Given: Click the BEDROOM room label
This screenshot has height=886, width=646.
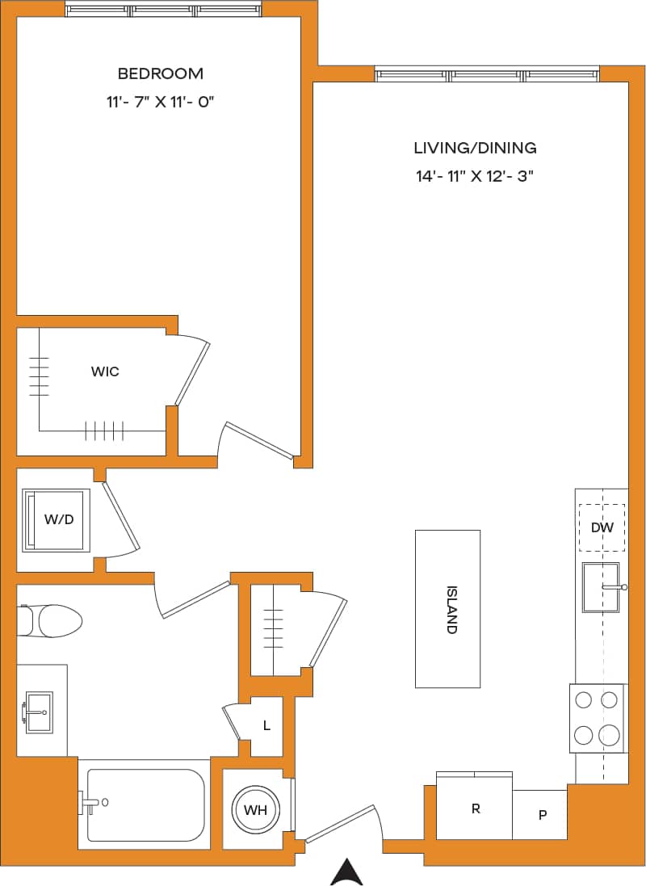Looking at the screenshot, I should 160,73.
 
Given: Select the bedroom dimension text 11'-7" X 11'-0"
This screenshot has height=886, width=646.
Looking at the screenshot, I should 160,103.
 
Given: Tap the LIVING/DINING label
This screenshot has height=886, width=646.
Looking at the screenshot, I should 475,148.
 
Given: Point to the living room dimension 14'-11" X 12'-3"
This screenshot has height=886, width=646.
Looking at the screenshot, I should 475,177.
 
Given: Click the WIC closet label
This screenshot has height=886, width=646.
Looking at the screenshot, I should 105,372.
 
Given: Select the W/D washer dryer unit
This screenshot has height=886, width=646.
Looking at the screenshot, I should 57,519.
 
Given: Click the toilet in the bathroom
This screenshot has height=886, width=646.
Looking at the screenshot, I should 52,620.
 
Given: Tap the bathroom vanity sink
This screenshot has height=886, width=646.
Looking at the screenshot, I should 39,711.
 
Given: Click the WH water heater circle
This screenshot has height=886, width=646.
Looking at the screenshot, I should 255,809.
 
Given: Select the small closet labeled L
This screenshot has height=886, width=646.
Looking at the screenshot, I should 266,725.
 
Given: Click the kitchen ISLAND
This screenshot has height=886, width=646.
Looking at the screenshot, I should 447,608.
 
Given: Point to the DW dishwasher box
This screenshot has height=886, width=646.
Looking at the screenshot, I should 602,527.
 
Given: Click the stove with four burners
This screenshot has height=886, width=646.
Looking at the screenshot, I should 598,717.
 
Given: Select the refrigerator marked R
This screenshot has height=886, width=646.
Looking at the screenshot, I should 475,808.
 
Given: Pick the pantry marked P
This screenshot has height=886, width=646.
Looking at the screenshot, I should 541,814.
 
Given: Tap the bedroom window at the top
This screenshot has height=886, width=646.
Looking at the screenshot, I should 164,10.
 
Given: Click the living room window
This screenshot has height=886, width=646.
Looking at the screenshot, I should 487,75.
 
